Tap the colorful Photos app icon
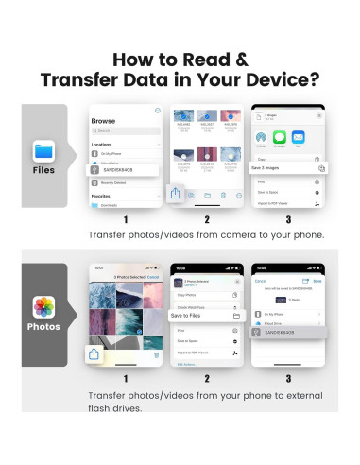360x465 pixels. [x=44, y=308]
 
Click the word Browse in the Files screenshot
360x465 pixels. [x=103, y=123]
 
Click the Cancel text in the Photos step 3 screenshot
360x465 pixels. [x=263, y=282]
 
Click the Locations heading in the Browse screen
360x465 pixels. [x=103, y=145]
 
